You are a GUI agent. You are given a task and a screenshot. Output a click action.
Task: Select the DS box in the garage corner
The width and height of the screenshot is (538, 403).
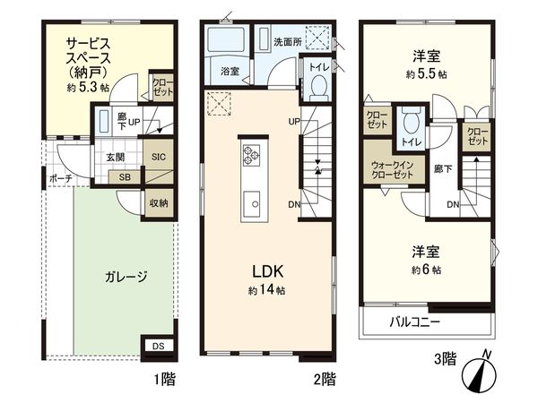coord(158,345)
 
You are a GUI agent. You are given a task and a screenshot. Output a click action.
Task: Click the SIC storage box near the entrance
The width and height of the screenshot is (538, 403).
coord(158,156)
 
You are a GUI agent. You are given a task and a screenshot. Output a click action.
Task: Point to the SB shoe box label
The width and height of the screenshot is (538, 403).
coord(124,176)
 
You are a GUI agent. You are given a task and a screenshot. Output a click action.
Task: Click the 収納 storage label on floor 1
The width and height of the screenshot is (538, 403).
coord(158,202)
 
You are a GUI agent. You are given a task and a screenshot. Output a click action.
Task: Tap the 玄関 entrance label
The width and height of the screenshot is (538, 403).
coord(117,157)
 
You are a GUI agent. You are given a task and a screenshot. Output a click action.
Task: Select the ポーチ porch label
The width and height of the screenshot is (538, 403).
coord(61,177)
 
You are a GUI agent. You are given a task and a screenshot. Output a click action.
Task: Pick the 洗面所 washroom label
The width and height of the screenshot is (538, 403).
coord(286,41)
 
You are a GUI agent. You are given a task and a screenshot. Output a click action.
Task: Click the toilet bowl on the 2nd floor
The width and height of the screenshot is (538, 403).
coord(317,87)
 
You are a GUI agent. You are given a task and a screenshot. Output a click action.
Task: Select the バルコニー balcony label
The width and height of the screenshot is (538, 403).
coord(413,322)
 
